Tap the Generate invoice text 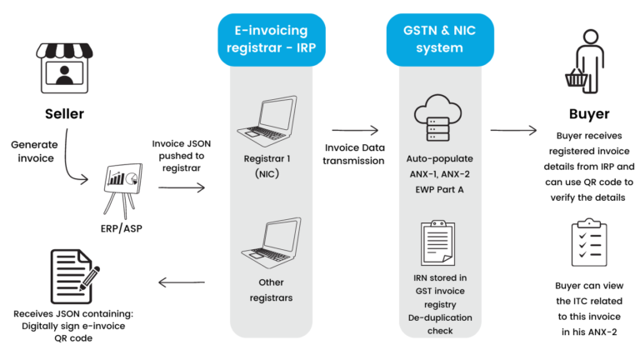point(34,150)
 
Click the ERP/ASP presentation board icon point(122,181)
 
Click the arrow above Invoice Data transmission point(355,130)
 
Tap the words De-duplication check point(439,323)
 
